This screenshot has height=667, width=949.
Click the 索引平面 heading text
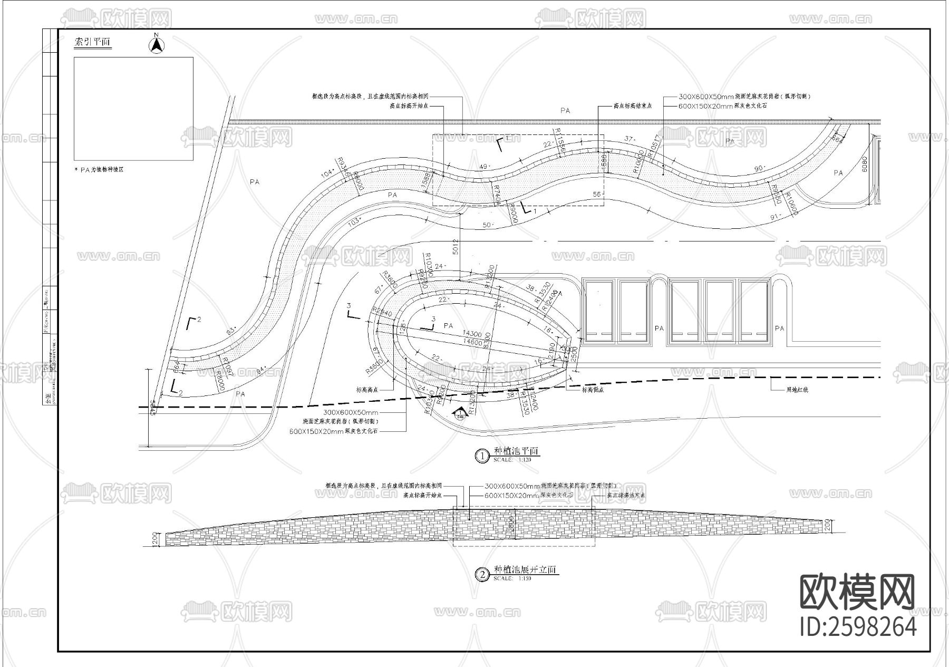point(93,43)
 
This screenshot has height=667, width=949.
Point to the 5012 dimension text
point(456,246)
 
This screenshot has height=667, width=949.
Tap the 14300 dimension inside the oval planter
point(471,334)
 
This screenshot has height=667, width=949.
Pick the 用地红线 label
point(797,390)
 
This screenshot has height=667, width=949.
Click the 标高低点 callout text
point(593,390)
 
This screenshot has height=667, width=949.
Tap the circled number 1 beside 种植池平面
point(482,456)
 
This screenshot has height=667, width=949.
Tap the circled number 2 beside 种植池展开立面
point(482,574)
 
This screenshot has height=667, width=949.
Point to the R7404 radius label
point(496,194)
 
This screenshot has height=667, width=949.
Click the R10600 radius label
point(791,204)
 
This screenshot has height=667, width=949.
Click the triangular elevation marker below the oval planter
point(460,414)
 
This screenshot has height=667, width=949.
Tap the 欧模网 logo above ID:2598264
point(857,593)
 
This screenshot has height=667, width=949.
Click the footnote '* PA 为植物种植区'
point(100,170)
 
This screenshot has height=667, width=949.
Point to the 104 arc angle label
point(327,173)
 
